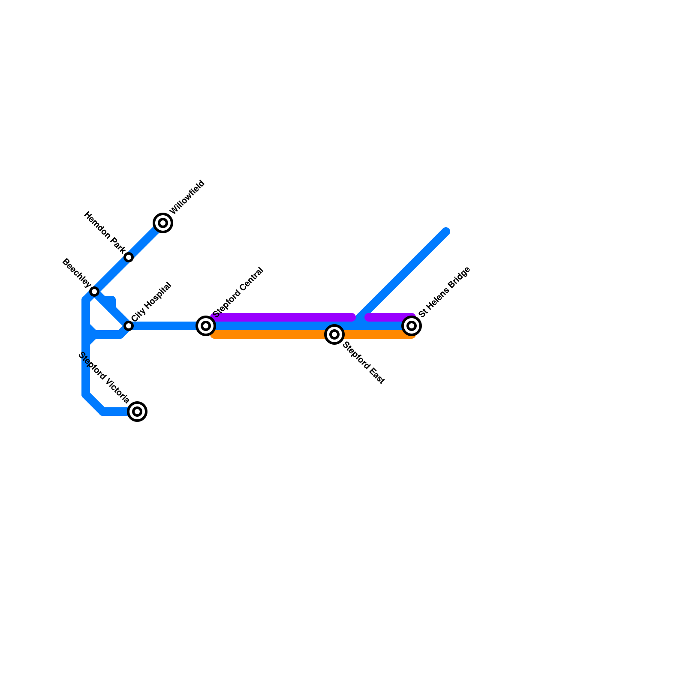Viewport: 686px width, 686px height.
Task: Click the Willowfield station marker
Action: pyautogui.click(x=163, y=223)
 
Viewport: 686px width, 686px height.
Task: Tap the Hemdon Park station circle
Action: pyautogui.click(x=129, y=257)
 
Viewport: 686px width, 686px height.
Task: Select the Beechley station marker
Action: pyautogui.click(x=94, y=292)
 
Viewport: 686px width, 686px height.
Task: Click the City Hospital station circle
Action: pyautogui.click(x=129, y=326)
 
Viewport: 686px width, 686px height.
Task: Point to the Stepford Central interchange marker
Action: pyautogui.click(x=206, y=326)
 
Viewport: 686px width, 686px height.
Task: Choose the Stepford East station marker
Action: pyautogui.click(x=334, y=334)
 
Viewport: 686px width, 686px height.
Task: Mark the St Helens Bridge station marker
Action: pyautogui.click(x=412, y=326)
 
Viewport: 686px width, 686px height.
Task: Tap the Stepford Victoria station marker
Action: pyautogui.click(x=137, y=412)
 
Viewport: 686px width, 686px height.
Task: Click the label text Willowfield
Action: pyautogui.click(x=187, y=198)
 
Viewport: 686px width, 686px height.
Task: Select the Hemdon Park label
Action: pyautogui.click(x=105, y=232)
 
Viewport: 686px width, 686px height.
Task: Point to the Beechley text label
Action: pyautogui.click(x=76, y=273)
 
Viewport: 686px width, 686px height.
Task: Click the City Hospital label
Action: pyautogui.click(x=151, y=302)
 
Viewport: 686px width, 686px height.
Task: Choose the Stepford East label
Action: pyautogui.click(x=364, y=362)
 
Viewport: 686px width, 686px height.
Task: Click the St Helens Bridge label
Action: pyautogui.click(x=445, y=292)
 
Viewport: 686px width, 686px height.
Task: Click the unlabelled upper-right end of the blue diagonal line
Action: pyautogui.click(x=446, y=232)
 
